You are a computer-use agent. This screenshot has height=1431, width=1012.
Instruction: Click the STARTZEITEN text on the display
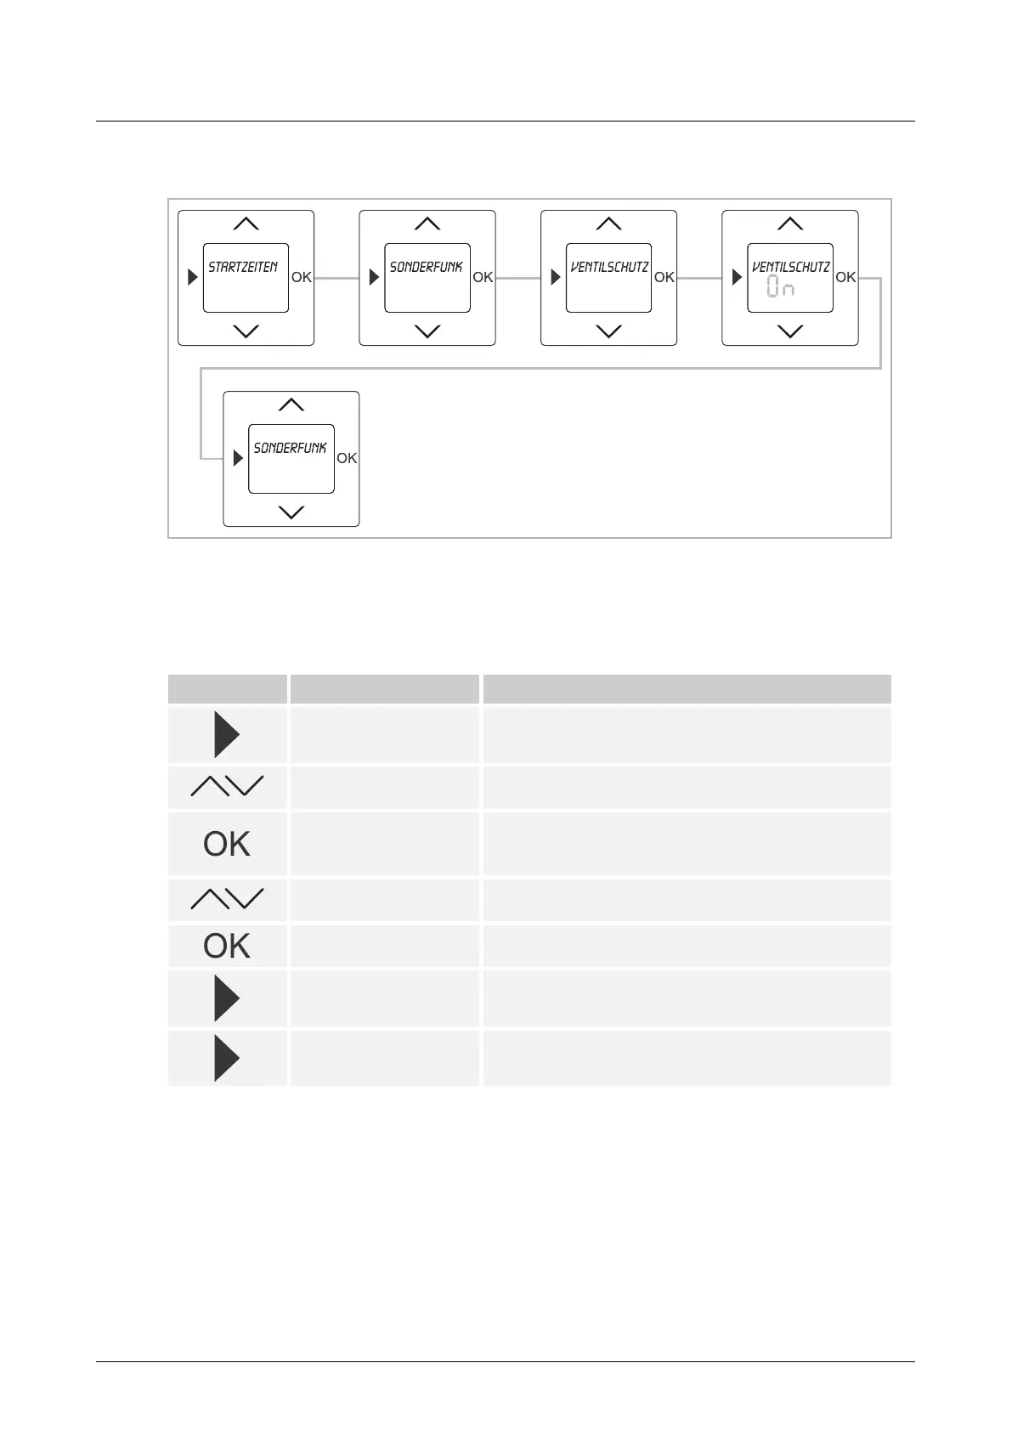[x=243, y=267]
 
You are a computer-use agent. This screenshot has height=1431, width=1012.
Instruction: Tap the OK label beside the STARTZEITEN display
[x=302, y=277]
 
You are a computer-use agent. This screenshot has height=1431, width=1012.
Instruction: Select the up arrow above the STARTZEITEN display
[x=246, y=223]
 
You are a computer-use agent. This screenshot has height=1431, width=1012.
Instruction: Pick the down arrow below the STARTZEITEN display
[x=246, y=331]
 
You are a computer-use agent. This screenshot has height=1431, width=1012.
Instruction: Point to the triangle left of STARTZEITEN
[x=193, y=277]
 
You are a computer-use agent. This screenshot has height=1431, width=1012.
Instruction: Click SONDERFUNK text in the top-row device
[x=426, y=267]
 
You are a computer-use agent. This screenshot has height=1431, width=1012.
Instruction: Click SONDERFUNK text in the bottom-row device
[x=290, y=448]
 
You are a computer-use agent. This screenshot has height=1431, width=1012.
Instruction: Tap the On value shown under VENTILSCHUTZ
[x=780, y=287]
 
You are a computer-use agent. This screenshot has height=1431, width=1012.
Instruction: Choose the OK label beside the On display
[x=845, y=277]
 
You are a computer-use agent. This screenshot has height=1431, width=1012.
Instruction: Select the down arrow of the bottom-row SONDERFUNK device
[x=291, y=512]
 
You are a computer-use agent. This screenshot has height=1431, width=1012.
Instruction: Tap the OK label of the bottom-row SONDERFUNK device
[x=347, y=458]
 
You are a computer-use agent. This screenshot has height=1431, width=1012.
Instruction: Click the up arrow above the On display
[x=790, y=223]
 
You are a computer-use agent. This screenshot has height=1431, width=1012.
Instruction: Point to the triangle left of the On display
[x=737, y=277]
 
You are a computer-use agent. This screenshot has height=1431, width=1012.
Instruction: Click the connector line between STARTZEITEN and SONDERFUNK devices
[x=336, y=278]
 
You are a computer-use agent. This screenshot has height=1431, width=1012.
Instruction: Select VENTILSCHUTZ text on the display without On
[x=609, y=267]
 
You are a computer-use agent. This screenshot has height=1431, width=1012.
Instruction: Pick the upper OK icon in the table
[x=227, y=844]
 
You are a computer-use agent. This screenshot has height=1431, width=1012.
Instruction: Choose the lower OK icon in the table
[x=227, y=946]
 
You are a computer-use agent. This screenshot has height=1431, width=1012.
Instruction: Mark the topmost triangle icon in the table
[x=226, y=735]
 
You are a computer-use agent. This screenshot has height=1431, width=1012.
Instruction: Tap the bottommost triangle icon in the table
[x=226, y=1059]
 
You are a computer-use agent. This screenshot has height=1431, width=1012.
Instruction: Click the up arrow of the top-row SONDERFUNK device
[x=427, y=223]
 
